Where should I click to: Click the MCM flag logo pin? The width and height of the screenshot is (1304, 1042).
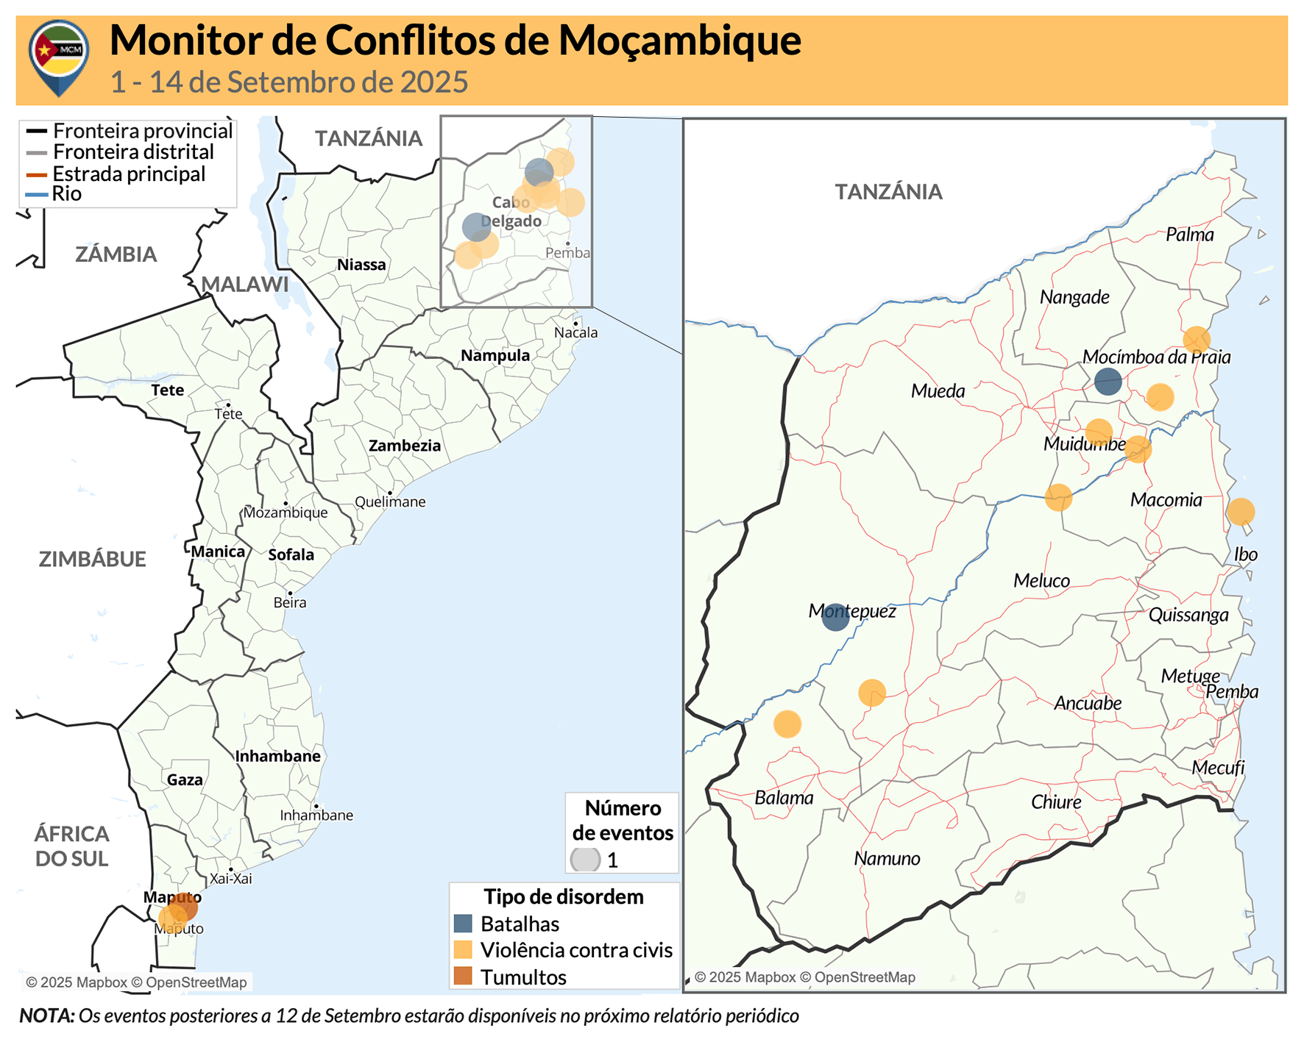59,56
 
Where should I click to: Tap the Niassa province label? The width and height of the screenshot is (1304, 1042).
361,265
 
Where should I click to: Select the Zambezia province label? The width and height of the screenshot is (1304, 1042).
405,446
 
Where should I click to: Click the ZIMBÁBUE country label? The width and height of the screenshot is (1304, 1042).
93,559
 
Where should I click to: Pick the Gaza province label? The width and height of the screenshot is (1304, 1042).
185,780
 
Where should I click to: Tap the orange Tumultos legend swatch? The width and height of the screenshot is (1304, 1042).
463,977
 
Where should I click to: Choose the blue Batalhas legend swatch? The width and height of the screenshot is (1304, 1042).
463,924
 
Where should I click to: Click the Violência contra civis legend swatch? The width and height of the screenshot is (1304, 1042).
463,950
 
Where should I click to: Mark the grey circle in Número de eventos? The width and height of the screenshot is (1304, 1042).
586,859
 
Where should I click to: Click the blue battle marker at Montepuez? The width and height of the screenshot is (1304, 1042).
835,617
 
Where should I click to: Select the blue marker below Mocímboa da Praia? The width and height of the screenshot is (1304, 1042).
1108,382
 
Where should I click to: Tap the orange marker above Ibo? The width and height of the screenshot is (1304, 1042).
1241,512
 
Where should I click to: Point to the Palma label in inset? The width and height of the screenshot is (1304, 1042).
1190,235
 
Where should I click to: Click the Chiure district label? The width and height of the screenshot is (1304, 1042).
1056,802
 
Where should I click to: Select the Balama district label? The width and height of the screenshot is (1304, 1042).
784,798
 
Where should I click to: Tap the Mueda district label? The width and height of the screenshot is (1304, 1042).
938,391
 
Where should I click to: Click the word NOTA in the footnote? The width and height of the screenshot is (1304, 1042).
46,1016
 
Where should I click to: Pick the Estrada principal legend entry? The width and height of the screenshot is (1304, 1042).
129,174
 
